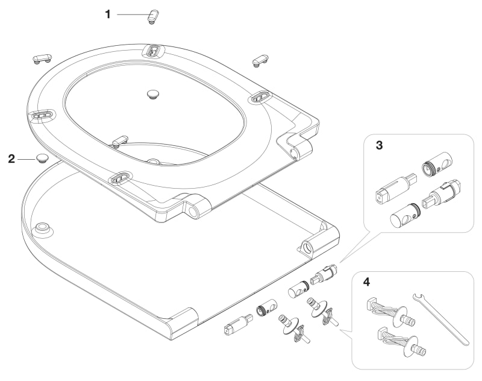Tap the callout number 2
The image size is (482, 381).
pyautogui.click(x=11, y=159)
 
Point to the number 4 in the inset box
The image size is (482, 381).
pyautogui.click(x=368, y=282)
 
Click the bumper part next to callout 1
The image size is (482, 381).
pyautogui.click(x=152, y=16)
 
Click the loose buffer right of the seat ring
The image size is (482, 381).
pyautogui.click(x=260, y=58)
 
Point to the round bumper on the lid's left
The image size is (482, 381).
pyautogui.click(x=44, y=227)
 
